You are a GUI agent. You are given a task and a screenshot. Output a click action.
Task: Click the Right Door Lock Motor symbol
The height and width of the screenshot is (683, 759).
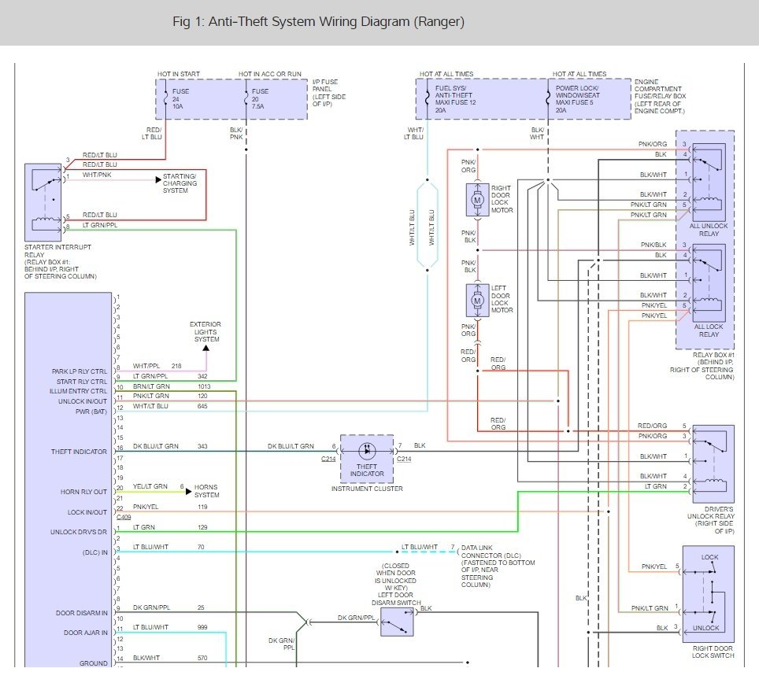click(x=477, y=200)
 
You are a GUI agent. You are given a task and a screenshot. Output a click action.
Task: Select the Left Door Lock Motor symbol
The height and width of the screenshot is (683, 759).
click(x=477, y=301)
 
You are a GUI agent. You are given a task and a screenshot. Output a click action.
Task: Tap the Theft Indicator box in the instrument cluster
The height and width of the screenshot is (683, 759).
click(x=367, y=458)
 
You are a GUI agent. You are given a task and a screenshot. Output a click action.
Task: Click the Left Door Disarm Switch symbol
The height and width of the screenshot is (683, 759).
click(x=397, y=622)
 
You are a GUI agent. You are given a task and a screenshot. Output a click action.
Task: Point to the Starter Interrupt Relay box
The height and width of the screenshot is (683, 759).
click(x=43, y=202)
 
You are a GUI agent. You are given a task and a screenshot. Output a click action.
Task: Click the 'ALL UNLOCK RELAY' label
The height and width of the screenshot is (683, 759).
click(x=709, y=230)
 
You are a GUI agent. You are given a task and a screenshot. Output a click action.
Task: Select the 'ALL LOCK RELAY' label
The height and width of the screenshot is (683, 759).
click(x=709, y=330)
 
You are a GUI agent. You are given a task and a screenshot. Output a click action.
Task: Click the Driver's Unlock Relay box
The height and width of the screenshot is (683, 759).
click(x=713, y=464)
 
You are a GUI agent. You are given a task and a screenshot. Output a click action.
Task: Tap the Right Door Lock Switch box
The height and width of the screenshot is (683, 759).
click(x=708, y=594)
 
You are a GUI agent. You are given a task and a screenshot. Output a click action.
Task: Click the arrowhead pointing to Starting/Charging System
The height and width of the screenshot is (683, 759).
click(x=158, y=180)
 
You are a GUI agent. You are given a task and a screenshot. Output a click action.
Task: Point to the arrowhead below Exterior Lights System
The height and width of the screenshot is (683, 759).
click(x=206, y=348)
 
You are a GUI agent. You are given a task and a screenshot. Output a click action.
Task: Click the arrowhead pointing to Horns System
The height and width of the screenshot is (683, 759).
click(x=189, y=492)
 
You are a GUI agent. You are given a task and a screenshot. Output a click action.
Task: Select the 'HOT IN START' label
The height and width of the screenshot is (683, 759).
click(x=179, y=74)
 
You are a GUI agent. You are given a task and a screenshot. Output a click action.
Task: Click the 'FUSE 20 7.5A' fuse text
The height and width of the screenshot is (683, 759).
click(x=260, y=98)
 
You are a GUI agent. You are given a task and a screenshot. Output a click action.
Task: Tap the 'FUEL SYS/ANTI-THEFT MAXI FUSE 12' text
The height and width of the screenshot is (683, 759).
click(x=456, y=99)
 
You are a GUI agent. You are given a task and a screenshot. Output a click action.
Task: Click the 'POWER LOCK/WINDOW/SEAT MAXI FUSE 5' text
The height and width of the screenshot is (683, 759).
click(x=577, y=99)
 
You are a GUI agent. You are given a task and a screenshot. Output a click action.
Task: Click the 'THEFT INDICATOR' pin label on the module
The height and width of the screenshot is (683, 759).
click(x=79, y=452)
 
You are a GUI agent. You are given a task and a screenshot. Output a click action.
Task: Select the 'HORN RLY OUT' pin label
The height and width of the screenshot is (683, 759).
click(x=83, y=492)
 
